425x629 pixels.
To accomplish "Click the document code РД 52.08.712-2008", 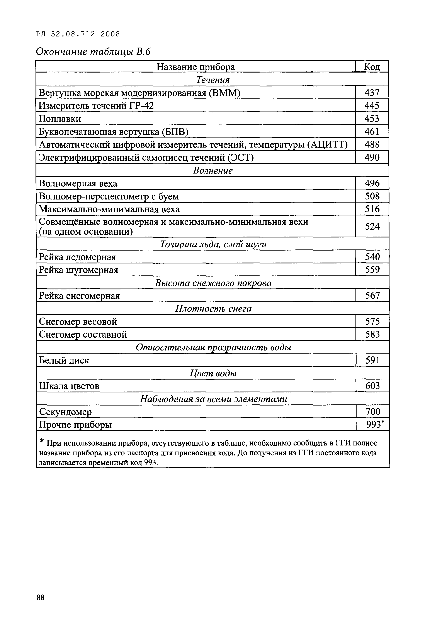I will [78, 34].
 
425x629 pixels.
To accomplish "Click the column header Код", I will [372, 67].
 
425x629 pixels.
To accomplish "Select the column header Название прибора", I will [195, 67].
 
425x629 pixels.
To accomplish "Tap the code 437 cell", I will [372, 93].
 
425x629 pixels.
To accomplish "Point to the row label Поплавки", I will [60, 119].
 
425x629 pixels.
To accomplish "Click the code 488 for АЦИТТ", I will [372, 144].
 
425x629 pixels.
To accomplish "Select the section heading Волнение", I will [213, 170].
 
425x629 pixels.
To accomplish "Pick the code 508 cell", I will [372, 196].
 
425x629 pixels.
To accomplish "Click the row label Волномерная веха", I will [78, 183].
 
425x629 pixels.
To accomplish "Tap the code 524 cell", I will [372, 226].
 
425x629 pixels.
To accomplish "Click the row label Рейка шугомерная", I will [78, 270].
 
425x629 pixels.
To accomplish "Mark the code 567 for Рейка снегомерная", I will [372, 295].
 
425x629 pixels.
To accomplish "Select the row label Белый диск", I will [64, 360].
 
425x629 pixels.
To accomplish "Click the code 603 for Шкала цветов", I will [372, 386].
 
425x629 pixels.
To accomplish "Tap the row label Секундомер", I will [65, 412].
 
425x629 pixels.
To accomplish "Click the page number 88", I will [41, 597].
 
